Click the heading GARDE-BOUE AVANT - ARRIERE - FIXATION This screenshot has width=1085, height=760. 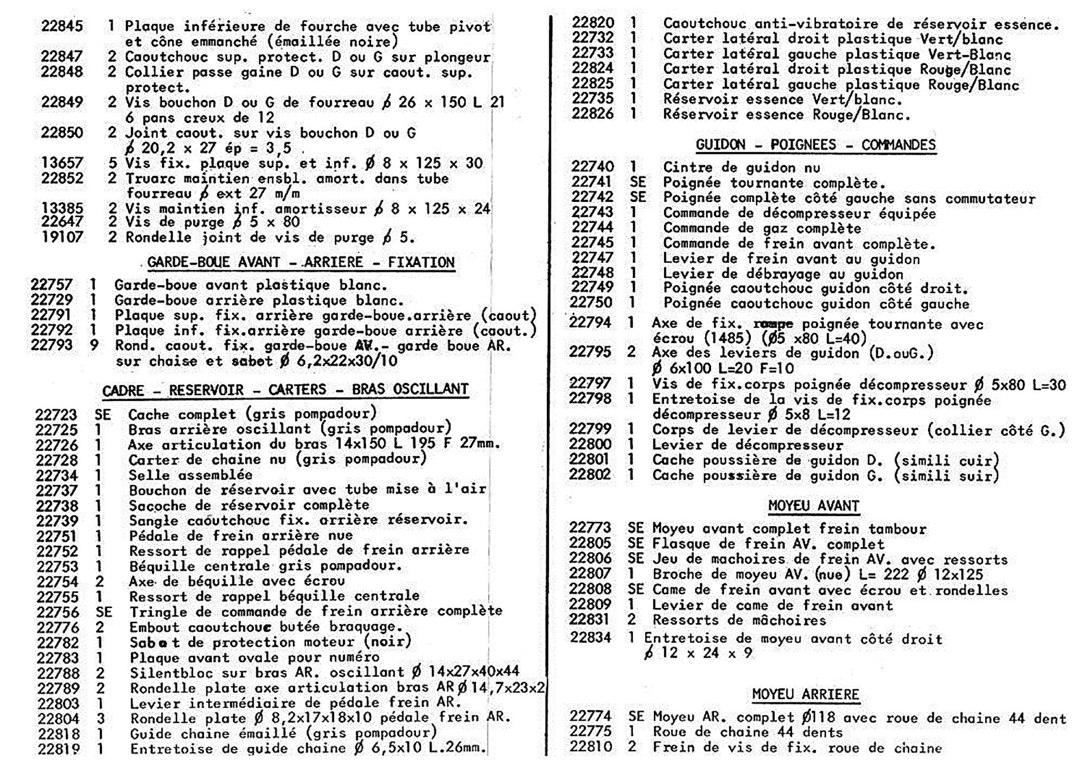click(301, 262)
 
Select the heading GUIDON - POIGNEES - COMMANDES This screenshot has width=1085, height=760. click(815, 145)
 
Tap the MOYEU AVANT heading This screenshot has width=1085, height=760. click(813, 506)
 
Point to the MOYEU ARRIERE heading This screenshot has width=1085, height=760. click(805, 695)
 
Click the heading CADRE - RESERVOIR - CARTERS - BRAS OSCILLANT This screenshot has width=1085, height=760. click(285, 389)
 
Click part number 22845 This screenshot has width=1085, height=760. click(62, 26)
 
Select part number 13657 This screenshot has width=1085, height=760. click(62, 163)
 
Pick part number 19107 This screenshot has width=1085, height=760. click(62, 237)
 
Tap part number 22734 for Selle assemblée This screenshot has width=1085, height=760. click(56, 476)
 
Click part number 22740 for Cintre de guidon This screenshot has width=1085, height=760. click(592, 167)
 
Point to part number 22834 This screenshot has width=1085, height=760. click(591, 638)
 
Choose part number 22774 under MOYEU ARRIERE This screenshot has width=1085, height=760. click(591, 717)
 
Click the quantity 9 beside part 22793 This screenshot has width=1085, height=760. click(94, 346)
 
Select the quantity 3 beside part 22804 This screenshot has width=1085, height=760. click(100, 719)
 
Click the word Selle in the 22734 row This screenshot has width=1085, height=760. click(149, 476)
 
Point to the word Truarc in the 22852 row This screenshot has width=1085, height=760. click(150, 179)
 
